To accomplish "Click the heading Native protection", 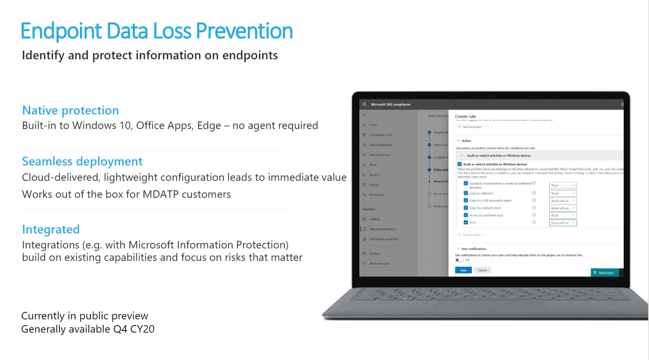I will [71, 110].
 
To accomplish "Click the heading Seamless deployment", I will [82, 162].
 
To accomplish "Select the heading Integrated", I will [51, 230].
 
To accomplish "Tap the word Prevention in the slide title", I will [244, 31].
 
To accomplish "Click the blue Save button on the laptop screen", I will [463, 270].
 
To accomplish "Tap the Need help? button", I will [605, 273].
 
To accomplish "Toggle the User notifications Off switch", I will [459, 260].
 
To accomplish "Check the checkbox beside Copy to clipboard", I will [466, 193].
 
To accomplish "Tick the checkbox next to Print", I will [466, 223].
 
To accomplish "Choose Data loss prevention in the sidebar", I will [382, 229].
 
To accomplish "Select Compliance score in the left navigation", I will [381, 135].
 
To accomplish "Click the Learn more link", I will [479, 177].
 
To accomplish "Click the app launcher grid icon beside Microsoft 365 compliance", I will [364, 104].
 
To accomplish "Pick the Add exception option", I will [472, 127].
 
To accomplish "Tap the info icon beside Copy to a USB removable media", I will [534, 201].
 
